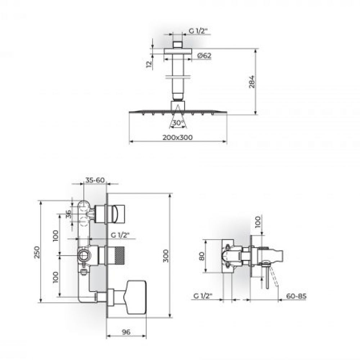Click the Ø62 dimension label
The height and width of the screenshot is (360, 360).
coord(204,55)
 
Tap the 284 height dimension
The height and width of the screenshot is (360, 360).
coord(252,81)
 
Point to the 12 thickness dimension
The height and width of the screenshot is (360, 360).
coord(149,64)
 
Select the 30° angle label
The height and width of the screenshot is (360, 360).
coord(178,123)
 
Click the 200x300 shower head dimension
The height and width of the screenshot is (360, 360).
coord(177,138)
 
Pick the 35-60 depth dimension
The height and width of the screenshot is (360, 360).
coord(95,180)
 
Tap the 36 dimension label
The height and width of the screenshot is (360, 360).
coord(68,215)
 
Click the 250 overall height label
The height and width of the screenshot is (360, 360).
coord(37,252)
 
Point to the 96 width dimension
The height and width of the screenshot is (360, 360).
coord(126,332)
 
